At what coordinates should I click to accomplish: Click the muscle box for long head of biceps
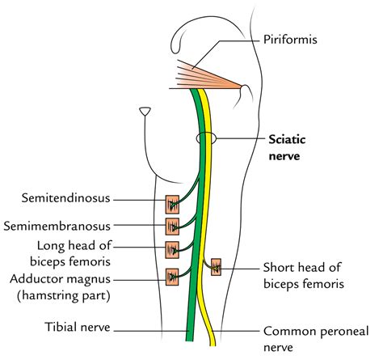(x=172, y=248)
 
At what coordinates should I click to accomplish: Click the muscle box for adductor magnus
(x=172, y=277)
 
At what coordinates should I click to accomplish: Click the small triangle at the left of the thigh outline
(x=145, y=110)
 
